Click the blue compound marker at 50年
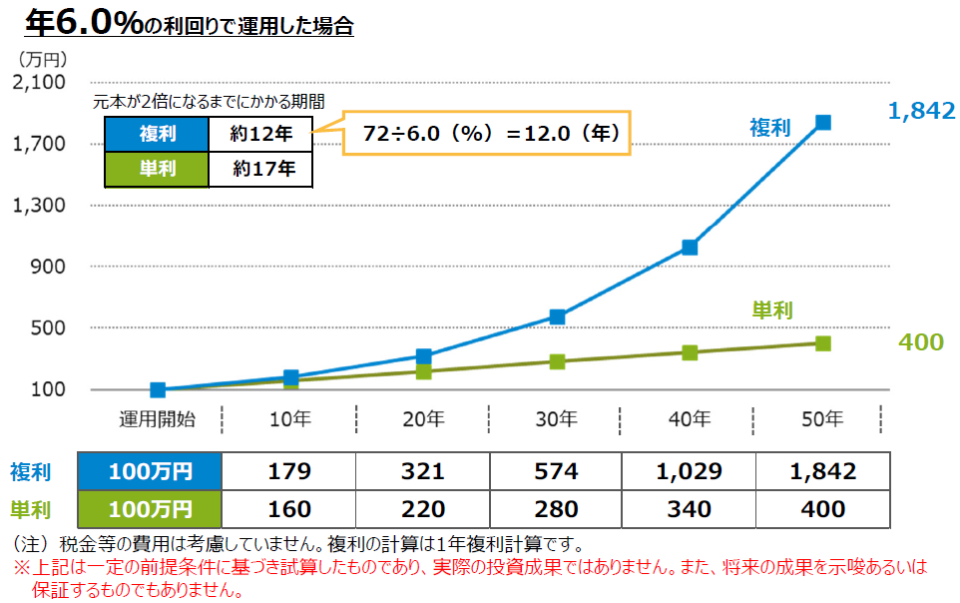(823, 123)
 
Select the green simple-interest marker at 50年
(823, 343)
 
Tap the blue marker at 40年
(690, 248)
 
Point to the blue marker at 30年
(557, 317)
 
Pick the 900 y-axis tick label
(47, 267)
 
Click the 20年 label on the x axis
(423, 419)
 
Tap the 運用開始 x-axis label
(157, 419)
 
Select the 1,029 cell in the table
(690, 471)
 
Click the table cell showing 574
(556, 471)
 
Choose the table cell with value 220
(423, 509)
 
